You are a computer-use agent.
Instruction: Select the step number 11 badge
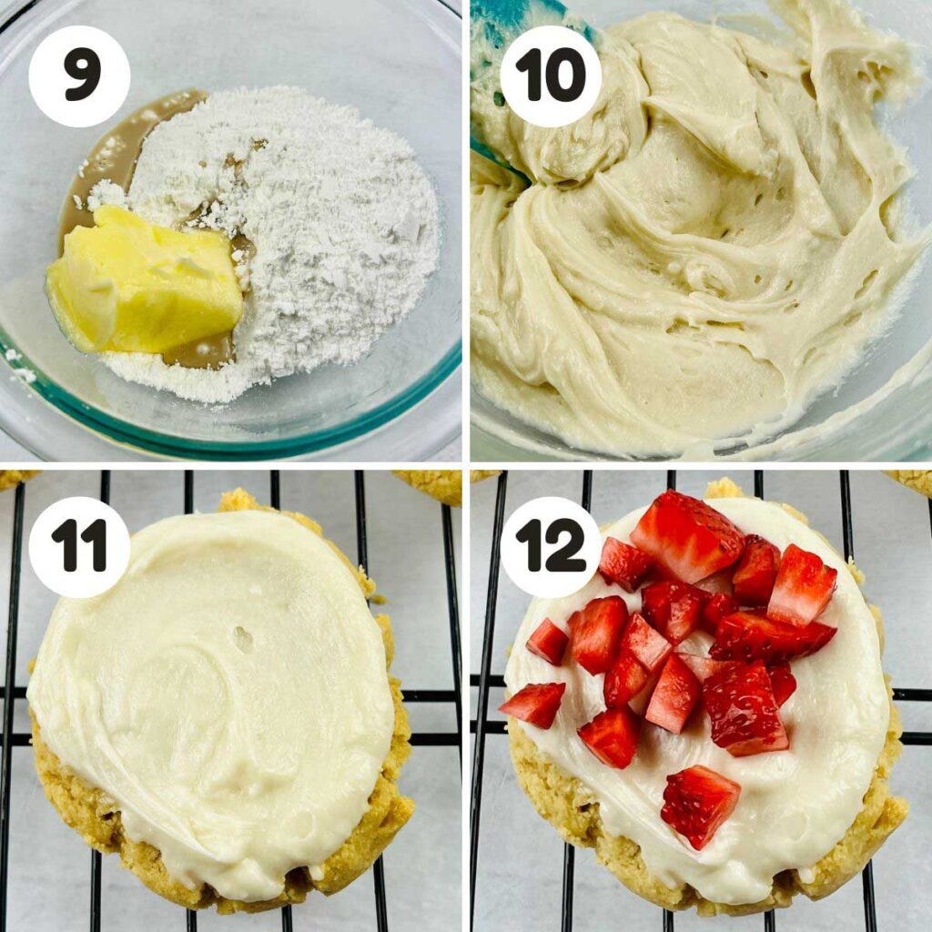point(79,547)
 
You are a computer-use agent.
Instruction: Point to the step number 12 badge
point(550,547)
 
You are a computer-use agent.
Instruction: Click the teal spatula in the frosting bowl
point(496,55)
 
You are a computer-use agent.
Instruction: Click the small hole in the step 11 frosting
point(243,639)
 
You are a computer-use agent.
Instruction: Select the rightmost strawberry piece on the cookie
point(801,584)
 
